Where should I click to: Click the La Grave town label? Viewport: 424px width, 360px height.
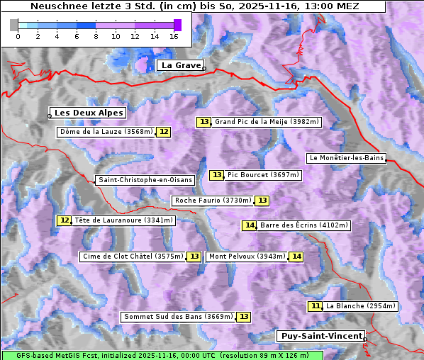(181, 65)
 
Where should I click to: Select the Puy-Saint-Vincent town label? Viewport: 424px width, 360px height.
(320, 336)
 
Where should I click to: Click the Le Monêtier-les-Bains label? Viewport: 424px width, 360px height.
(346, 157)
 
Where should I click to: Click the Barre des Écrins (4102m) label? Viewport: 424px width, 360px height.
(304, 225)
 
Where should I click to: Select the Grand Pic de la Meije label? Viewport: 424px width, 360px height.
(267, 122)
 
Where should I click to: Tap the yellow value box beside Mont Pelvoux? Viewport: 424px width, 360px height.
(296, 257)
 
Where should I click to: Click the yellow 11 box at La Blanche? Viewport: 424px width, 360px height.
(316, 306)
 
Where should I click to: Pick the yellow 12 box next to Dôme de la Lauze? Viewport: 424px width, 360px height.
(164, 132)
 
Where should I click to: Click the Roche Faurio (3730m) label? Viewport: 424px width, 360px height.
(213, 201)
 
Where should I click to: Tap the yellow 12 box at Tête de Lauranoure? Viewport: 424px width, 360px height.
(65, 220)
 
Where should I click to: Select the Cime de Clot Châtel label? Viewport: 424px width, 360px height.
(133, 257)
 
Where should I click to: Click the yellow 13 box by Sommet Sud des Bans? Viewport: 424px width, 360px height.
(243, 317)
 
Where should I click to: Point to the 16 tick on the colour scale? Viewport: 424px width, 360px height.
(174, 35)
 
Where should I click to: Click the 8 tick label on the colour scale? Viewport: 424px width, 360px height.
(96, 35)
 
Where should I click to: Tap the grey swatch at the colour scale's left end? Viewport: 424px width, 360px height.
(14, 25)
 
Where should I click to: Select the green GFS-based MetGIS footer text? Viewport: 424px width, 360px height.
(162, 355)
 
